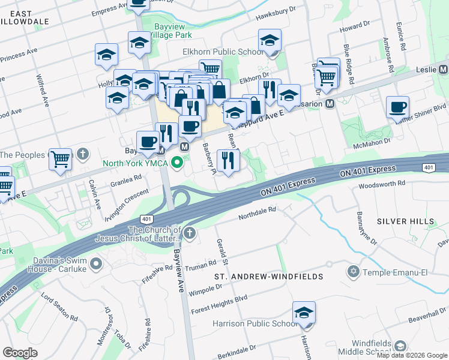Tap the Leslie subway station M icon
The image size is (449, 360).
444,70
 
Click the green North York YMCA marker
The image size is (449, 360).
177,162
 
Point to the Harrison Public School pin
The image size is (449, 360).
304,313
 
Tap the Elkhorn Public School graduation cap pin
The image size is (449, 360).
270,42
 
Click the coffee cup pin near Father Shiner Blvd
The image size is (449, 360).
397,108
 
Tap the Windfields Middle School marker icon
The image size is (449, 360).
400,346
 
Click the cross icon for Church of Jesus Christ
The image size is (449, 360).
189,233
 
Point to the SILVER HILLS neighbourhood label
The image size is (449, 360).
405,221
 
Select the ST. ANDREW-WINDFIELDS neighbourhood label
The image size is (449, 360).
269,277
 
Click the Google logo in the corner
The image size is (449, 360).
20,352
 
